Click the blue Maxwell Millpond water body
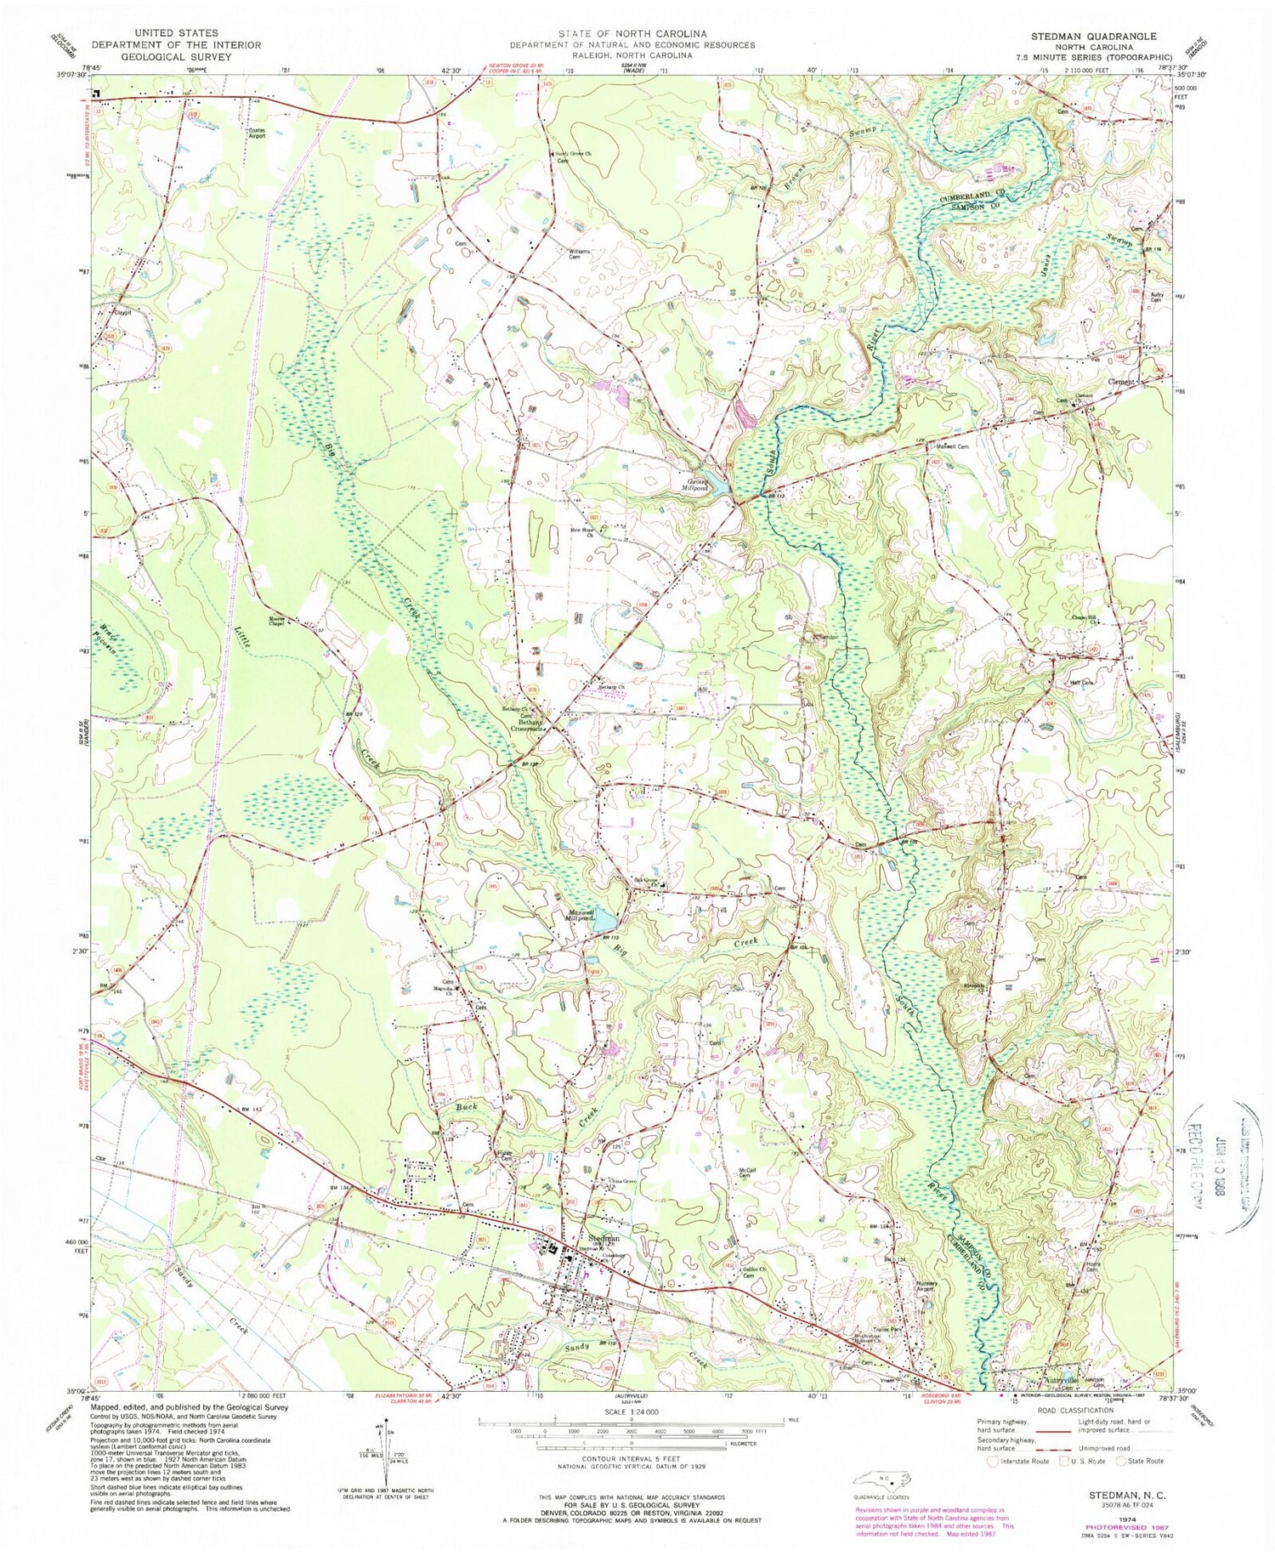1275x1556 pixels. pos(605,920)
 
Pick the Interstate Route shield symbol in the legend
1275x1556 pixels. pos(992,1462)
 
